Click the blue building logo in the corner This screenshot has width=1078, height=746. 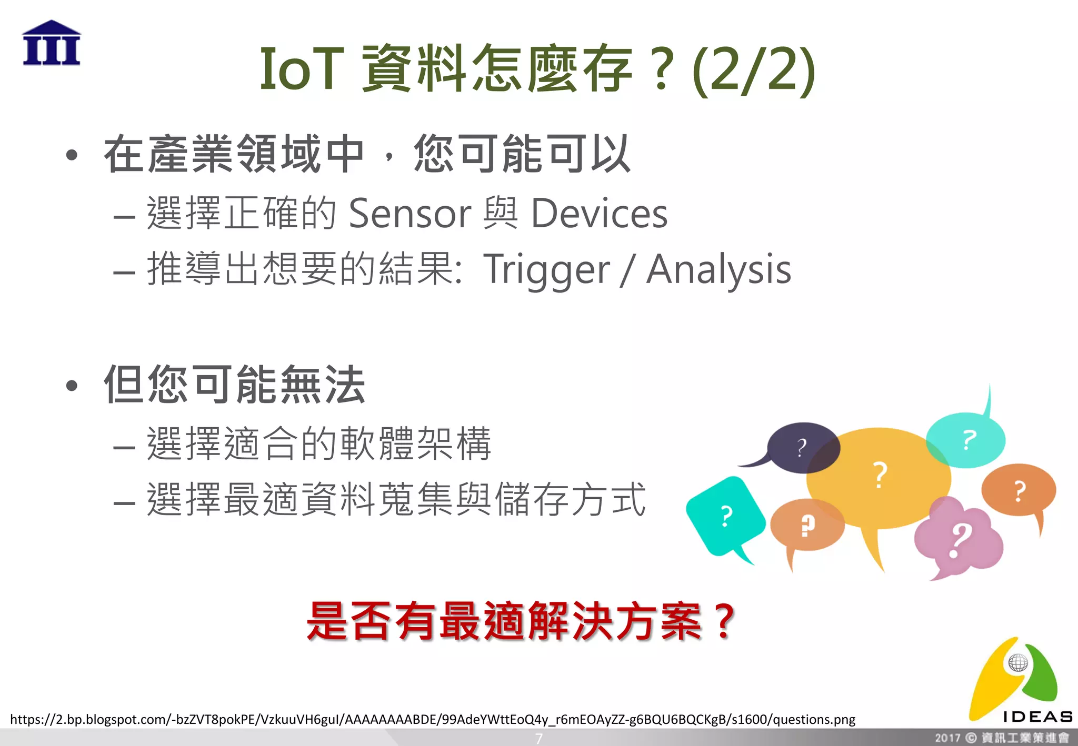52,43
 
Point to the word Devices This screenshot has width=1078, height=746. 599,214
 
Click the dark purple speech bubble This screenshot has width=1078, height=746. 802,447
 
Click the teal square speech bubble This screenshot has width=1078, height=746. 725,516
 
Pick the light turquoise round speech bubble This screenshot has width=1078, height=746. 966,440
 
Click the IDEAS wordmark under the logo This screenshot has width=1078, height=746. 1037,717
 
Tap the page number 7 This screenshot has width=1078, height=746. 538,739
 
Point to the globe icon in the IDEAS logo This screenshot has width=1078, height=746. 1018,662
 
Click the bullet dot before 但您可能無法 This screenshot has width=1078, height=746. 72,386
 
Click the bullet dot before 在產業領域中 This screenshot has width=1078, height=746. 72,155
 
